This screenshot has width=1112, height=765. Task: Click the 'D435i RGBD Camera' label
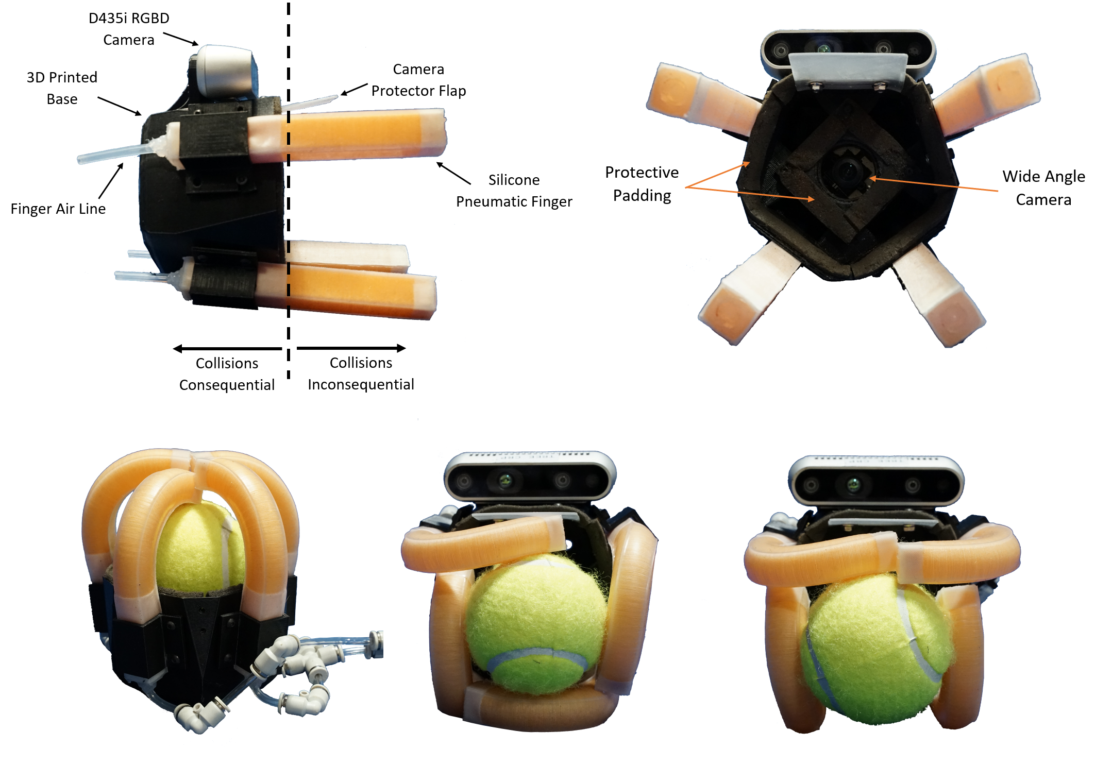pos(129,29)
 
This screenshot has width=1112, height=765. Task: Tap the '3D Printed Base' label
pos(62,88)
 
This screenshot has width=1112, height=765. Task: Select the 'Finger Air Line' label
pos(58,209)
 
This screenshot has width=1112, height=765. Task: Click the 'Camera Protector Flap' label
pos(418,80)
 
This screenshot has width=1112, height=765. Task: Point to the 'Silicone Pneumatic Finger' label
pos(514,191)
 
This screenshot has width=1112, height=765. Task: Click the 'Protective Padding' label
pos(642,184)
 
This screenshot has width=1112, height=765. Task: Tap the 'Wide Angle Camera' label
pos(1043,188)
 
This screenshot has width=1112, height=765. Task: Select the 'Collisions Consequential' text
pos(227,374)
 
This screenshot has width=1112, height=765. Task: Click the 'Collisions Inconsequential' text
pos(361,373)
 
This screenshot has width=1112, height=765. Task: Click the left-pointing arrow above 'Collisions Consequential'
pos(228,349)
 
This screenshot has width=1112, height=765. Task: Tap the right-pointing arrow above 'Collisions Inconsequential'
pos(351,348)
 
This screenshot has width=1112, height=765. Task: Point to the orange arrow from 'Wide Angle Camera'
pos(934,184)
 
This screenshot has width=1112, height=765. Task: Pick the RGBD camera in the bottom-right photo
pos(875,480)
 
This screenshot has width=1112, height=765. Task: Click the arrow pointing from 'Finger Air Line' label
pos(111,181)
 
